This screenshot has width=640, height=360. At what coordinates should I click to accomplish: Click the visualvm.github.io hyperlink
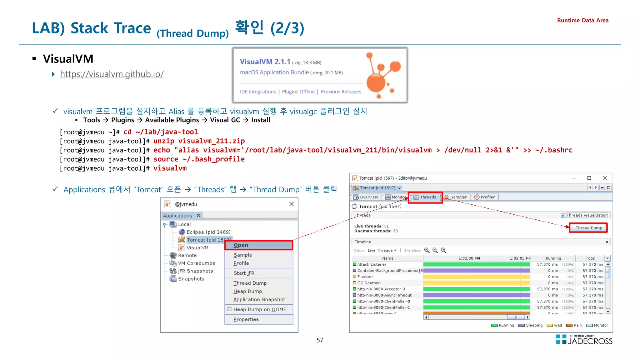coord(112,74)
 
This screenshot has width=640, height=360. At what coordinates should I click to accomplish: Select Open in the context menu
coord(241,245)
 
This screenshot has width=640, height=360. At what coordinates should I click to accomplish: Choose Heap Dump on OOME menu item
coord(259,309)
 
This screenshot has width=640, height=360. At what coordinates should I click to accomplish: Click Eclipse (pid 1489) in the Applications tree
coord(208,232)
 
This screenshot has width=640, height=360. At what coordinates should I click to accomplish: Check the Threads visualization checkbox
coord(563,215)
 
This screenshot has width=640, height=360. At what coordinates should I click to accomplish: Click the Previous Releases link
coord(341,92)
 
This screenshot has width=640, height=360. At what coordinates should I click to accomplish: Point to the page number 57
coord(320,340)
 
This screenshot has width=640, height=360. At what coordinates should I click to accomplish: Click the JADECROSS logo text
coord(590,341)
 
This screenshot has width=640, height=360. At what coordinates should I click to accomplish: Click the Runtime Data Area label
coord(582,20)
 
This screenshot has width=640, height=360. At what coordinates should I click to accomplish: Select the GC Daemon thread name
coord(369,283)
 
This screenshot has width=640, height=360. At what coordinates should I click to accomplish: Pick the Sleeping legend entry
coord(534,325)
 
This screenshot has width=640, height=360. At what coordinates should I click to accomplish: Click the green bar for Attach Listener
coord(476,264)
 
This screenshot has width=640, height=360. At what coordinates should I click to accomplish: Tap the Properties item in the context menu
coord(246,319)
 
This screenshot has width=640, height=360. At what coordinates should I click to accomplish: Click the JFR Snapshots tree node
coord(195,271)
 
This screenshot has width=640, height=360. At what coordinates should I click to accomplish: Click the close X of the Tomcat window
coord(605,178)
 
